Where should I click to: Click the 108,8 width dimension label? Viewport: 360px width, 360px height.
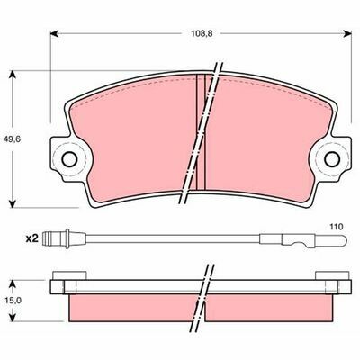(202, 33)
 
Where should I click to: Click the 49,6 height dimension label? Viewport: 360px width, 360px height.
(12, 139)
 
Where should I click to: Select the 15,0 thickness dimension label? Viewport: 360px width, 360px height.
(13, 301)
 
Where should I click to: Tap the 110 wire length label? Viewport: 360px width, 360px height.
(337, 227)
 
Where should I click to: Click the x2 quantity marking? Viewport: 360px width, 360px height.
(32, 238)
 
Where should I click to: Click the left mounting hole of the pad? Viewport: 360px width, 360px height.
(69, 159)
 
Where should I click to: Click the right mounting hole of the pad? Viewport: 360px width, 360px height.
(332, 159)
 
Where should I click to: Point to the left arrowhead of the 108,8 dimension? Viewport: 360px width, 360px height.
(54, 33)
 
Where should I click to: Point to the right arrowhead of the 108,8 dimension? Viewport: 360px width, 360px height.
(347, 33)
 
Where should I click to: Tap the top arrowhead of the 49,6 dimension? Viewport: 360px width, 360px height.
(12, 75)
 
